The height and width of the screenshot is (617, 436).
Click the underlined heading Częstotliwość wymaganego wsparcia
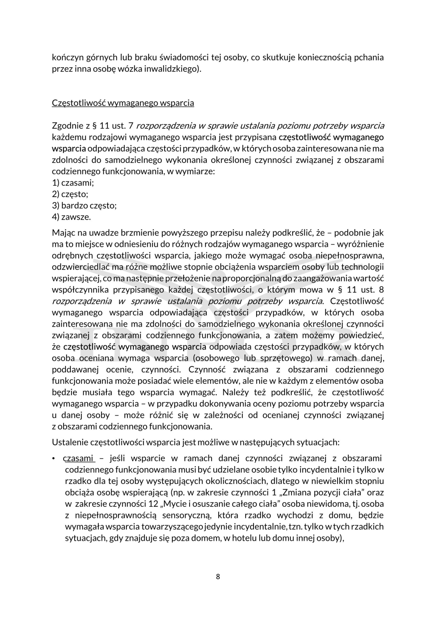[x=123, y=103]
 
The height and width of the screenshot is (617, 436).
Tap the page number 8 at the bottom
[x=218, y=577]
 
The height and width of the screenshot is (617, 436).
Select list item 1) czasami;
[x=73, y=183]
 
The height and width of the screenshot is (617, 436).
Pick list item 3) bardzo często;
[x=84, y=206]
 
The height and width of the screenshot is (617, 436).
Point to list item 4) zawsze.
[x=72, y=217]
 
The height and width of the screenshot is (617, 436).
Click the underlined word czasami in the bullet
[x=78, y=458]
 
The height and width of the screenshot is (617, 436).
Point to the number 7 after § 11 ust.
[x=131, y=126]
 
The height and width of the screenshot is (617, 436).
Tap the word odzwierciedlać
[x=81, y=267]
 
